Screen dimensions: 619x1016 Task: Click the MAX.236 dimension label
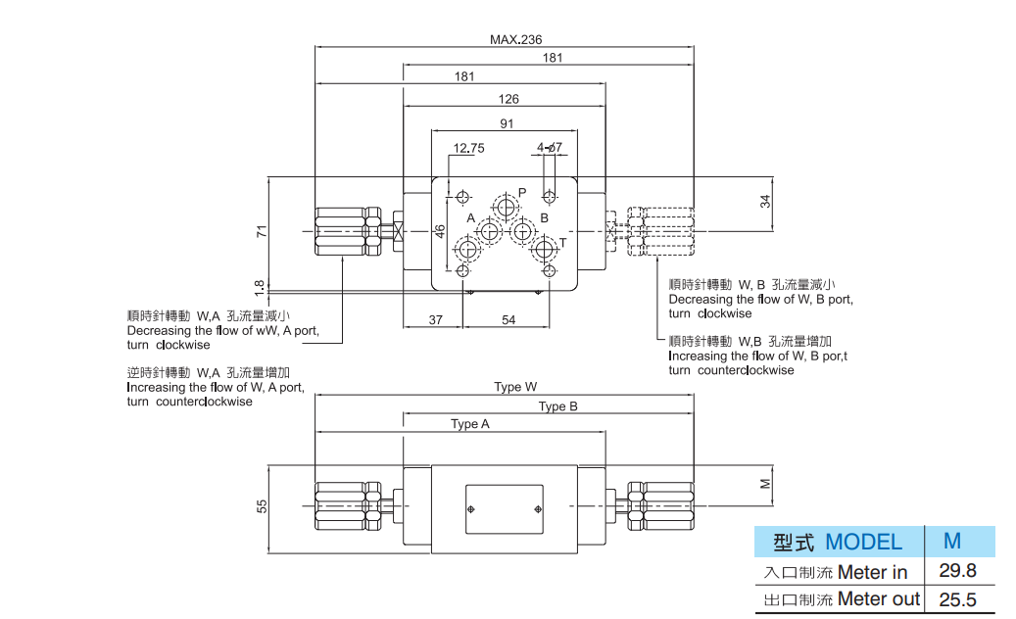click(515, 40)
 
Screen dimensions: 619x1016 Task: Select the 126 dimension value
click(508, 99)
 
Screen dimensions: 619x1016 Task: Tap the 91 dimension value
click(507, 124)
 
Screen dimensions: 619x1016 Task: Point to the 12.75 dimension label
click(468, 149)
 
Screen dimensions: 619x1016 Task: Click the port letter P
click(522, 192)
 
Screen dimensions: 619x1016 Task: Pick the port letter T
click(562, 242)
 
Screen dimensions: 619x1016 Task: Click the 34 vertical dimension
click(765, 201)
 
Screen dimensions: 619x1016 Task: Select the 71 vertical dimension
click(261, 232)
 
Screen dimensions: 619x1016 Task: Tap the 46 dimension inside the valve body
click(440, 231)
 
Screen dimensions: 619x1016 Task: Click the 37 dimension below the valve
click(436, 320)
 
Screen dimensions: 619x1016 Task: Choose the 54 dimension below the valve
click(508, 320)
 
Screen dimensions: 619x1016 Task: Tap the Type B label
click(558, 406)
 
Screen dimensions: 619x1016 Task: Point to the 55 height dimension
click(261, 506)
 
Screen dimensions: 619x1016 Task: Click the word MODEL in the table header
click(863, 542)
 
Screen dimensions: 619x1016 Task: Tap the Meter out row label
click(879, 598)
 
